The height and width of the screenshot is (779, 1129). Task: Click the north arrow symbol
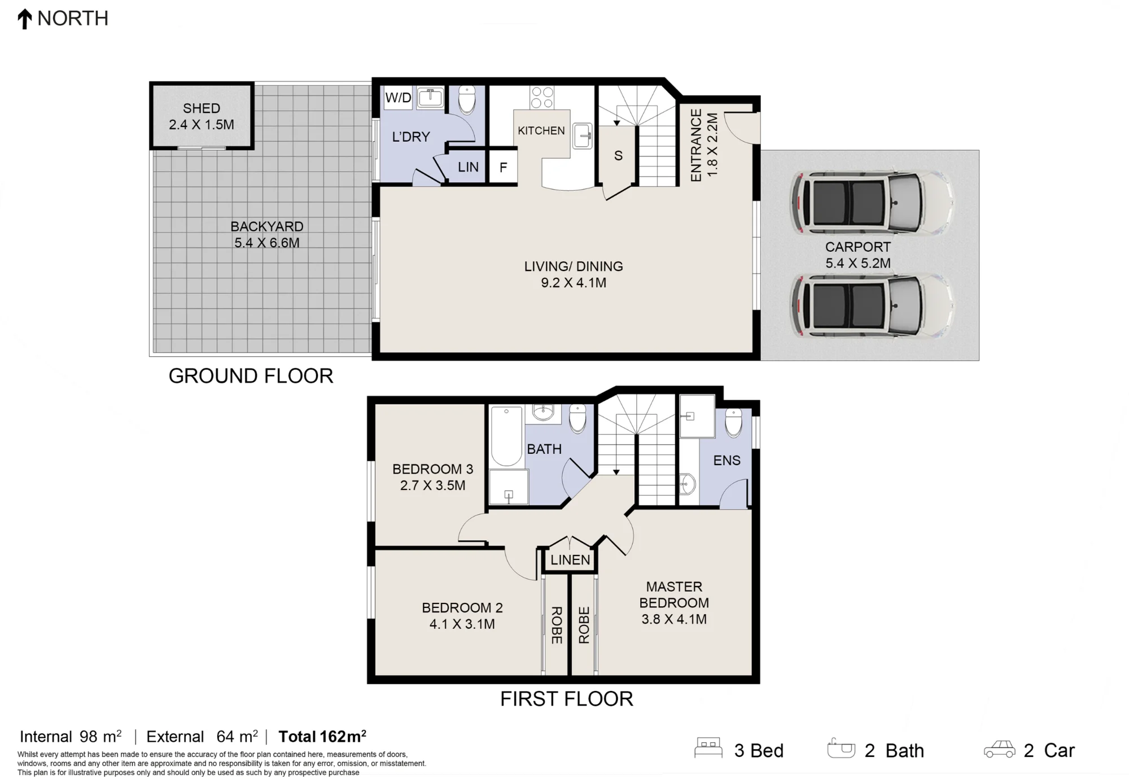(x=24, y=19)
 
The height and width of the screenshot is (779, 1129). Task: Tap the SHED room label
(x=202, y=108)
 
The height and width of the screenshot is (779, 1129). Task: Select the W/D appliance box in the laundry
(x=398, y=98)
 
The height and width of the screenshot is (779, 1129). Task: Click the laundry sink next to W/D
(x=430, y=98)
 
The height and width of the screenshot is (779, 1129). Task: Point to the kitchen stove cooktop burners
(x=542, y=97)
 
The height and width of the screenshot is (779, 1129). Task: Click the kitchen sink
(x=582, y=136)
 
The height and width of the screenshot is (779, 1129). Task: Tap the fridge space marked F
(x=503, y=167)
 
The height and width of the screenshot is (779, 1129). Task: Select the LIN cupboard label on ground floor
(x=468, y=167)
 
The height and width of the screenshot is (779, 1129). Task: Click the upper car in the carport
(x=872, y=202)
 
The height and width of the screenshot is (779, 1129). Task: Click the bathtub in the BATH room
(x=506, y=436)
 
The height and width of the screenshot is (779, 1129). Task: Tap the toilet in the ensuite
(x=733, y=423)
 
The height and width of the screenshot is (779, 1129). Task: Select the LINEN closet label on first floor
(x=570, y=560)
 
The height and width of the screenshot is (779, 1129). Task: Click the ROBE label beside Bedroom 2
(x=556, y=625)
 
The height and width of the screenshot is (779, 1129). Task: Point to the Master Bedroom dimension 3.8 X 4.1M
(x=674, y=619)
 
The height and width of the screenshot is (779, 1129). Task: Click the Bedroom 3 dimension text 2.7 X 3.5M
(x=433, y=485)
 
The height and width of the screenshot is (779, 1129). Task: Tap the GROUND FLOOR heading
(x=251, y=376)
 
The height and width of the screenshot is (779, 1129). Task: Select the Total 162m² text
(x=322, y=737)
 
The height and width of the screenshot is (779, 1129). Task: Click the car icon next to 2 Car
(x=1000, y=749)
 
